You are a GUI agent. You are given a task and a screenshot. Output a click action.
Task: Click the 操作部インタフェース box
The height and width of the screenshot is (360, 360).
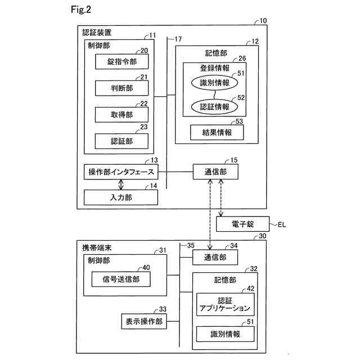point(121,172)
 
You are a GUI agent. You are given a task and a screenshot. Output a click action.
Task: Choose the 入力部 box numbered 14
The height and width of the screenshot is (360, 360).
point(121,197)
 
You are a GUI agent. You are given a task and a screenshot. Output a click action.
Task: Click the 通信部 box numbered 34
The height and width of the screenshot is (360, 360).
point(215,257)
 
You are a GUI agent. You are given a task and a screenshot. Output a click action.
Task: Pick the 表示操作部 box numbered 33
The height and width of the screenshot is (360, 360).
point(143,321)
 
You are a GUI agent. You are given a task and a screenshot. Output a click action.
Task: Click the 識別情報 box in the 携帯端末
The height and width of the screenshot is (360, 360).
point(224,334)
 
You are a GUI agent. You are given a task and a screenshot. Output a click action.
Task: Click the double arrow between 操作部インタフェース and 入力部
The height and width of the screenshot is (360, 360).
point(121,184)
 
